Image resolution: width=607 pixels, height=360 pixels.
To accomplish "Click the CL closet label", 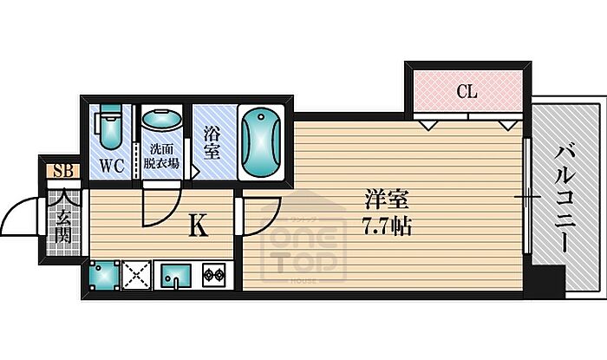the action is pyautogui.click(x=467, y=92).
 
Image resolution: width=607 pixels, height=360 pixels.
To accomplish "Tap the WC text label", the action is pyautogui.click(x=112, y=166).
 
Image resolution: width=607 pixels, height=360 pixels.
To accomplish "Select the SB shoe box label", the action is pyautogui.click(x=63, y=170).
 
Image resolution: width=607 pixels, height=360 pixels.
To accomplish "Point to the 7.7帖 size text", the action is pyautogui.click(x=387, y=226).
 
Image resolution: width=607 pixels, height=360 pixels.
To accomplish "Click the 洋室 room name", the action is pyautogui.click(x=387, y=201).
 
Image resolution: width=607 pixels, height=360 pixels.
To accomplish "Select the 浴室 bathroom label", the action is pyautogui.click(x=212, y=144).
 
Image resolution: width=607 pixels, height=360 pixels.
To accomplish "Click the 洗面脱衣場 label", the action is pyautogui.click(x=161, y=156).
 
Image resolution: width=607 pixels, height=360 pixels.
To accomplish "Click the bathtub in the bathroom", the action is pyautogui.click(x=261, y=142).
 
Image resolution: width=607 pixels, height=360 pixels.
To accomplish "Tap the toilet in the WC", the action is pyautogui.click(x=111, y=126).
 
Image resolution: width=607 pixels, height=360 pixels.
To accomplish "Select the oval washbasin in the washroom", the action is pyautogui.click(x=161, y=120).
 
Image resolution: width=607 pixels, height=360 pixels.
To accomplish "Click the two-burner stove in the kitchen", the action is pyautogui.click(x=214, y=275).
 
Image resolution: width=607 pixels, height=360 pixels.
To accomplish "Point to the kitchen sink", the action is pyautogui.click(x=176, y=276).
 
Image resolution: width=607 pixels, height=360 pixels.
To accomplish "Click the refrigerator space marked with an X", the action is pyautogui.click(x=136, y=275).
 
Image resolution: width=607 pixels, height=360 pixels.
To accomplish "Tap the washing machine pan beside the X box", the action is pyautogui.click(x=104, y=275).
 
